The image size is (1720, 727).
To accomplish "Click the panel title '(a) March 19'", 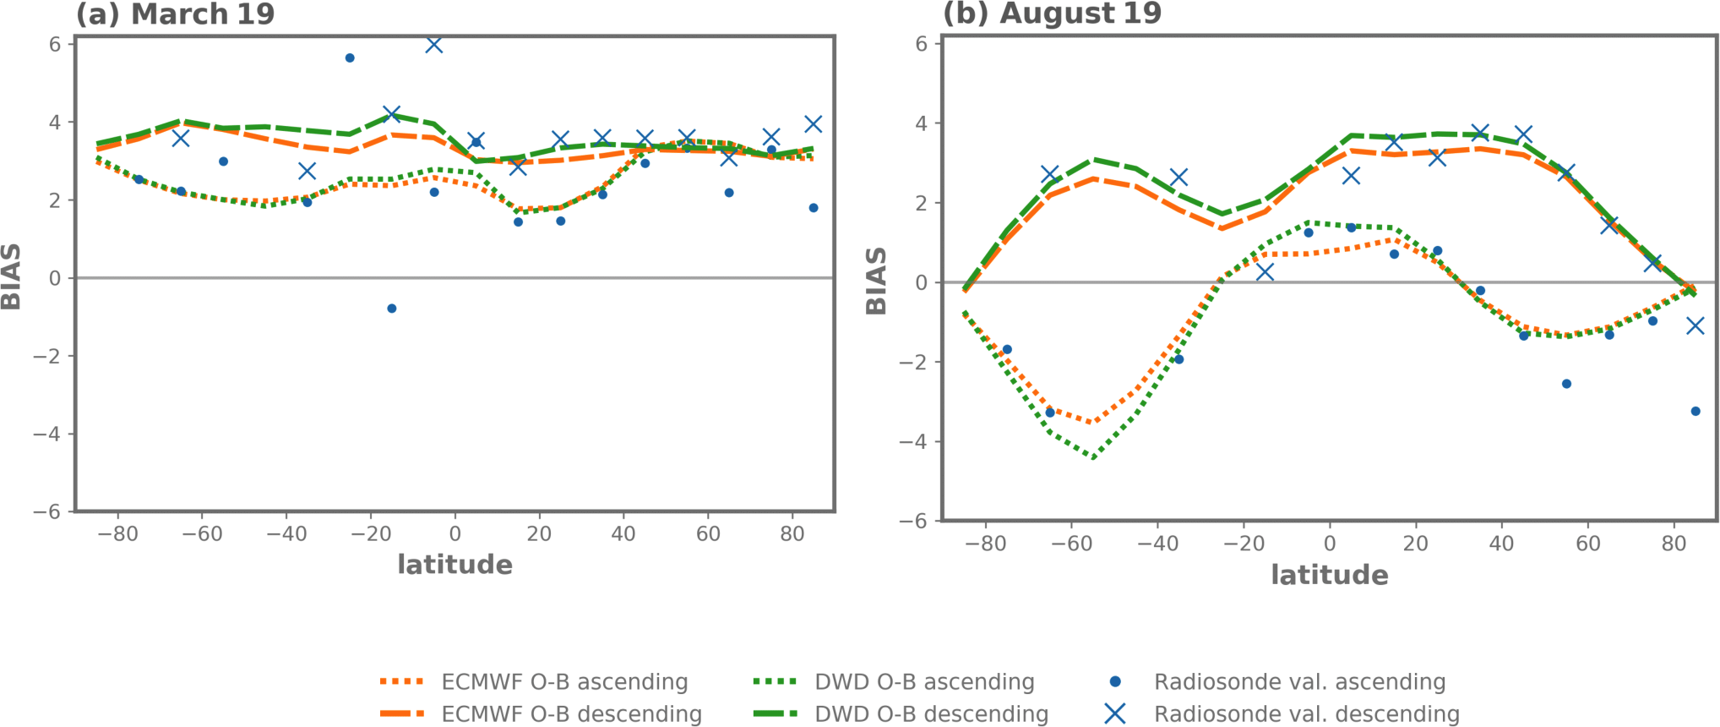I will tap(175, 14).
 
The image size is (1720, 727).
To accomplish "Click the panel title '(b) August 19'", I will tap(1052, 14).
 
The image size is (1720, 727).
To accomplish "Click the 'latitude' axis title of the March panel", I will tap(454, 565).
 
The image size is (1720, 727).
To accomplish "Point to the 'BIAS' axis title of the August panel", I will tap(877, 281).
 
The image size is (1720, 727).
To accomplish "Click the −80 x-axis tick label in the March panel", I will tap(117, 534).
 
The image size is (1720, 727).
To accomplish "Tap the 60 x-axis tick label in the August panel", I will tap(1587, 544).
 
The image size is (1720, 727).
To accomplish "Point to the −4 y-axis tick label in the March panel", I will tap(47, 435).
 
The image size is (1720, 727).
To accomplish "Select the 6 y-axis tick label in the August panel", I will tap(922, 44).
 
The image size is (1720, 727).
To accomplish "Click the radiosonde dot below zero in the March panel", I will tap(392, 309).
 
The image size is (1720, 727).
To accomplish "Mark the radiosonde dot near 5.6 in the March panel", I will tap(350, 58).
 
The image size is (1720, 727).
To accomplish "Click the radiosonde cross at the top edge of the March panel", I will tap(433, 45).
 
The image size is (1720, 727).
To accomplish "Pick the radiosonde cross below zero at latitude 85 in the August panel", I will tap(1695, 325).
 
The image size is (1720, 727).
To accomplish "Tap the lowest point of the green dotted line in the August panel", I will tap(1093, 457).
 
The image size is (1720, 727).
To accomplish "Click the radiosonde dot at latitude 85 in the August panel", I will tap(1696, 412).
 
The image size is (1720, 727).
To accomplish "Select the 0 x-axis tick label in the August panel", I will tap(1329, 544).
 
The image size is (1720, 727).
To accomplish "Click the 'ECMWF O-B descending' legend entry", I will tap(570, 714).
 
